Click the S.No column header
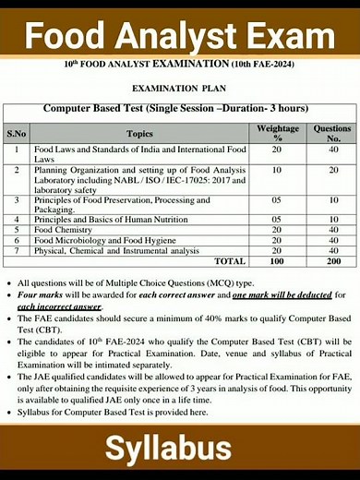[17, 134]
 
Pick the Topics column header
[139, 134]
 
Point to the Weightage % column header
[277, 134]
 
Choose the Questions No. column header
[332, 134]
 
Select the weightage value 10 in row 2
[277, 171]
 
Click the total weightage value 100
[277, 261]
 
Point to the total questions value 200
[332, 261]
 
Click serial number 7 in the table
[17, 250]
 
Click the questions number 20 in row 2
[332, 171]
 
